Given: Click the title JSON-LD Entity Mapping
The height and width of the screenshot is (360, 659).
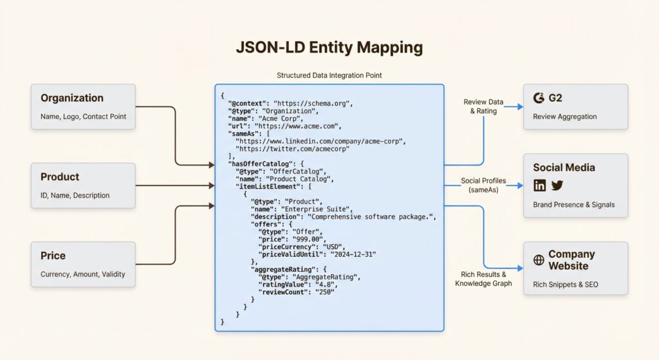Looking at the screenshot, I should (329, 48).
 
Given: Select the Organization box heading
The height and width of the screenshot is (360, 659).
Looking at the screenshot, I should (72, 98).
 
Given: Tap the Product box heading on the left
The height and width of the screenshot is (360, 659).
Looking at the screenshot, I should (60, 176).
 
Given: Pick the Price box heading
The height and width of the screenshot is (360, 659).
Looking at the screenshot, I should (53, 256).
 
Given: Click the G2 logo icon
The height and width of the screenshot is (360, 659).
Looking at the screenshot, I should (539, 98).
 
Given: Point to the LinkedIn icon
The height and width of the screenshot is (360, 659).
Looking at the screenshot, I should (539, 185).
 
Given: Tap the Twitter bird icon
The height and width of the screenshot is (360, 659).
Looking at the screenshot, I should (557, 185).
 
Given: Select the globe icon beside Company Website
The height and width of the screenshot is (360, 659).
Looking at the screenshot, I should (539, 260).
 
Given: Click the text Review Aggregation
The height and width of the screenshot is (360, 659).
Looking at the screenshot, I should (564, 117).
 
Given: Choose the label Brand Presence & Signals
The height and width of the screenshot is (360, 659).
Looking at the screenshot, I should (573, 205).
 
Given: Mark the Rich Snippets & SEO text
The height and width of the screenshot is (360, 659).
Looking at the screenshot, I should (565, 284).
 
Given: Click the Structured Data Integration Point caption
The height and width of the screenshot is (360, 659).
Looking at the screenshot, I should (329, 75).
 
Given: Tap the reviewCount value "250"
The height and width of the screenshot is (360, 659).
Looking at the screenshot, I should (324, 292).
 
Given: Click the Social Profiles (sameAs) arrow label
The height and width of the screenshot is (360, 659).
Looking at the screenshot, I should (483, 185).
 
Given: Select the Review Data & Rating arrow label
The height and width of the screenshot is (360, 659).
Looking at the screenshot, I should (483, 106).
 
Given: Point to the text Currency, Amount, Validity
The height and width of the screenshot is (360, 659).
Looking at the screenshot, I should (83, 274).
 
